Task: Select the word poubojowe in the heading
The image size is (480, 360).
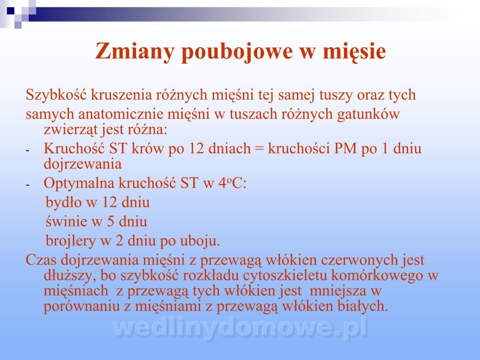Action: click(237, 52)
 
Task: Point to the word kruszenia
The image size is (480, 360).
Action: click(121, 95)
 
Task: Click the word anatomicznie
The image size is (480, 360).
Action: click(121, 114)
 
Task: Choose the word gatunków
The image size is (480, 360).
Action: click(368, 114)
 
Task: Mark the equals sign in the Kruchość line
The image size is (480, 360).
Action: click(260, 149)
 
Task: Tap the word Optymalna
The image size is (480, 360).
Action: click(79, 184)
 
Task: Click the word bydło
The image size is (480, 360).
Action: click(64, 202)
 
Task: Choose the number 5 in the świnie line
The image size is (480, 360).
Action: click(111, 222)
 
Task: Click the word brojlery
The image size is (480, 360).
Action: click(71, 241)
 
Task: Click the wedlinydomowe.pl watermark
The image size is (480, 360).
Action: click(240, 328)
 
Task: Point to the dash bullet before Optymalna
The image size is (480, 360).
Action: click(27, 185)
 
